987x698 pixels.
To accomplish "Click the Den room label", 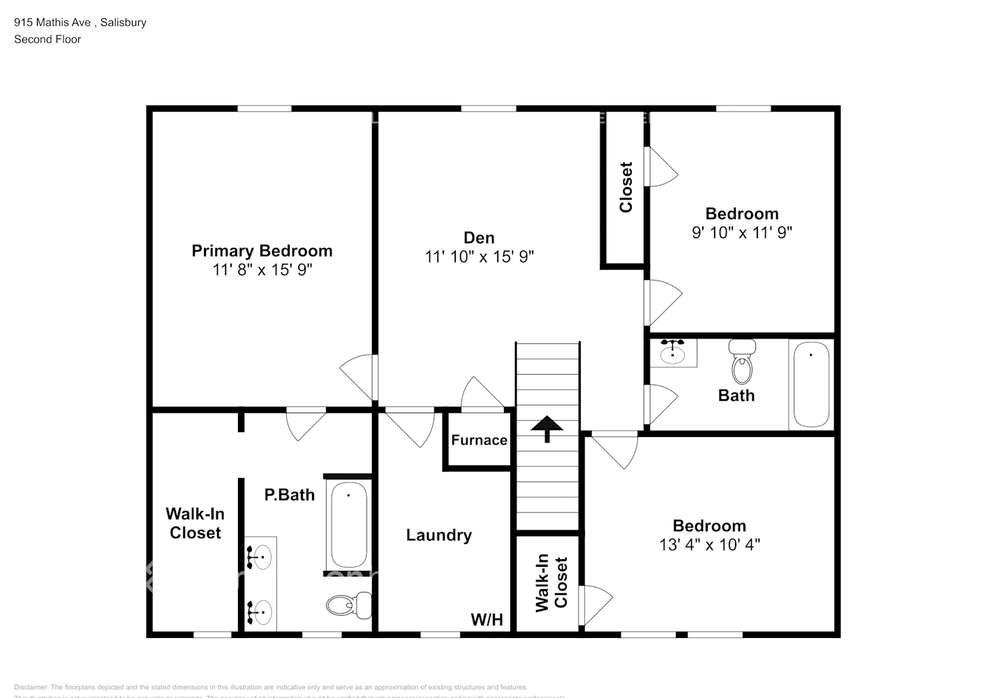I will click(479, 238).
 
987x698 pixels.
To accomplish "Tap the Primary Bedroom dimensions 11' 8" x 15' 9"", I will click(262, 269).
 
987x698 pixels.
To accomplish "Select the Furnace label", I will click(479, 440).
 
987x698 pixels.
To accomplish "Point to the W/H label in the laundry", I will click(487, 619).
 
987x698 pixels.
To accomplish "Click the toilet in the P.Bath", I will click(348, 604).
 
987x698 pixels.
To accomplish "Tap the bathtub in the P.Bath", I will click(349, 526).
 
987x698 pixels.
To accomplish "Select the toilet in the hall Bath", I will click(742, 361).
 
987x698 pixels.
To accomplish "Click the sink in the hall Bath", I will click(673, 353).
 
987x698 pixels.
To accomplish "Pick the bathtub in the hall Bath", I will click(811, 384).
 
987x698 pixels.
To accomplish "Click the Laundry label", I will click(439, 535).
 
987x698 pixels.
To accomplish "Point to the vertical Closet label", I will click(626, 187).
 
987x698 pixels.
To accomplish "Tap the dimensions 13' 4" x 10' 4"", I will click(709, 544).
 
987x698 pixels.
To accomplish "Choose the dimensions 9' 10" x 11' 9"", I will click(742, 232).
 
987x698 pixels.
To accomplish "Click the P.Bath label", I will click(289, 495).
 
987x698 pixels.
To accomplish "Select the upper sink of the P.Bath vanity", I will click(261, 556).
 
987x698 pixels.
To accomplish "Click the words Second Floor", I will click(47, 39).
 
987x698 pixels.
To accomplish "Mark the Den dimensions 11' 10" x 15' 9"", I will click(479, 257).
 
